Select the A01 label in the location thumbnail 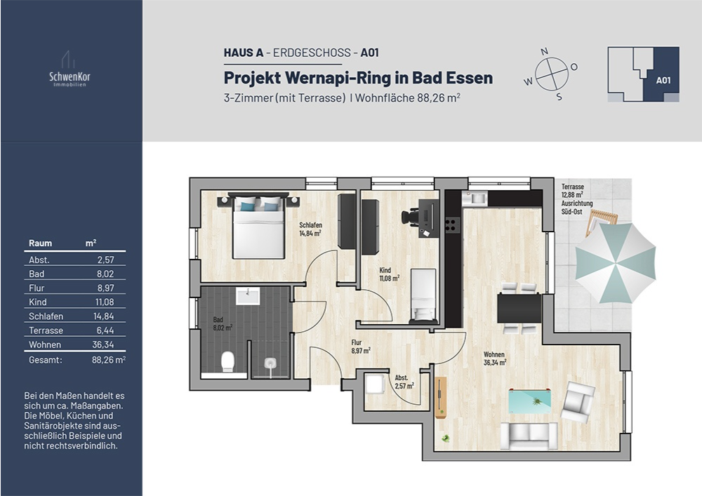(663, 80)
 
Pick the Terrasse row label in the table (46, 330)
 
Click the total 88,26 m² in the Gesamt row (107, 360)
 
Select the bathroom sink (248, 295)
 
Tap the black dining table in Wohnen (519, 307)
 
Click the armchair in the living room (578, 402)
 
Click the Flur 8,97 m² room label (361, 347)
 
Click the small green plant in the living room (445, 438)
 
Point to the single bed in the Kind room (423, 296)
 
